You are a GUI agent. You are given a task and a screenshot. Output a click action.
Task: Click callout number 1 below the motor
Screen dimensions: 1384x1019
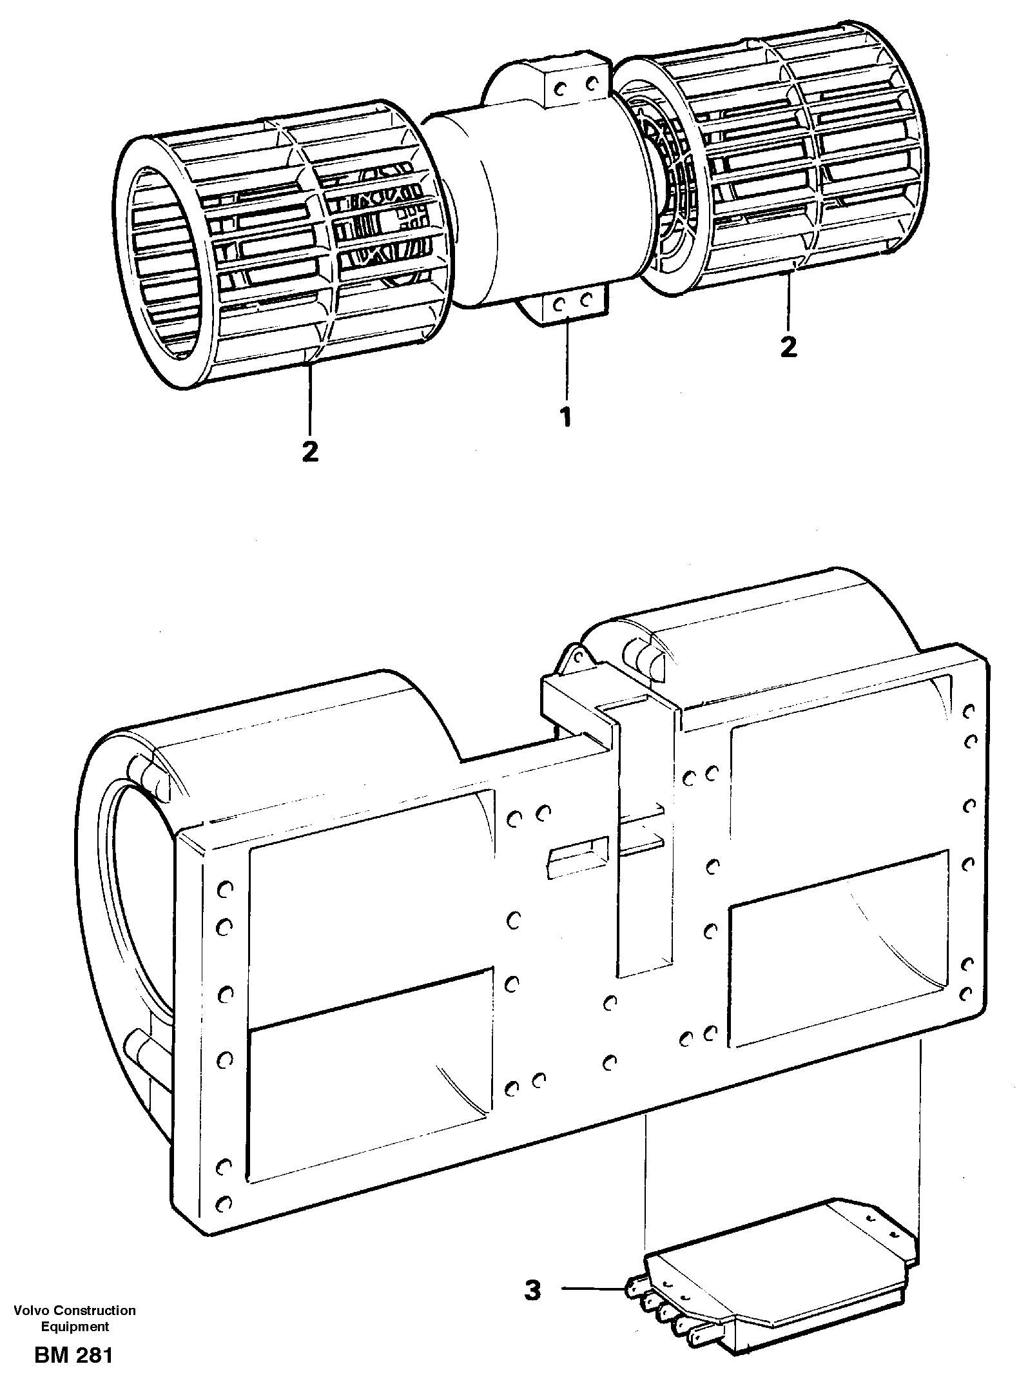point(565,417)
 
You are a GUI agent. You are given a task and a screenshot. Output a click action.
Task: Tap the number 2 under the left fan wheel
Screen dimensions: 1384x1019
point(310,451)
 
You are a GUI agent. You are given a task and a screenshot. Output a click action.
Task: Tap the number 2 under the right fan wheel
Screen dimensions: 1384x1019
point(788,347)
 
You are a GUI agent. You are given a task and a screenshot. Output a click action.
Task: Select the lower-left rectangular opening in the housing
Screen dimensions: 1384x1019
point(367,1057)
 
